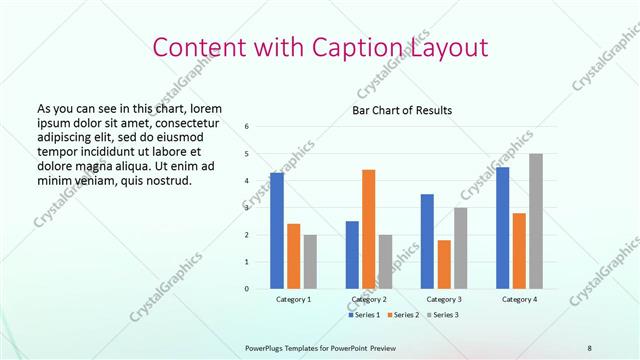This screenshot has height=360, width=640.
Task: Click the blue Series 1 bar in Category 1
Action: point(277,231)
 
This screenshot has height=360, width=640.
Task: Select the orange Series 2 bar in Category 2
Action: point(369,229)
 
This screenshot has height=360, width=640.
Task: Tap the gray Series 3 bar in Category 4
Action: point(536,221)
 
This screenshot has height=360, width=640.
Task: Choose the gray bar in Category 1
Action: point(310,262)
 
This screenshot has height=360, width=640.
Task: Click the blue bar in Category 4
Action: point(502,228)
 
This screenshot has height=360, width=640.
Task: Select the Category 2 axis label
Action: point(369,299)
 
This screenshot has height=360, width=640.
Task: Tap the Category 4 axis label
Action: point(519,299)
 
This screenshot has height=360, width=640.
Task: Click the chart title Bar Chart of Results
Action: point(402,110)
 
